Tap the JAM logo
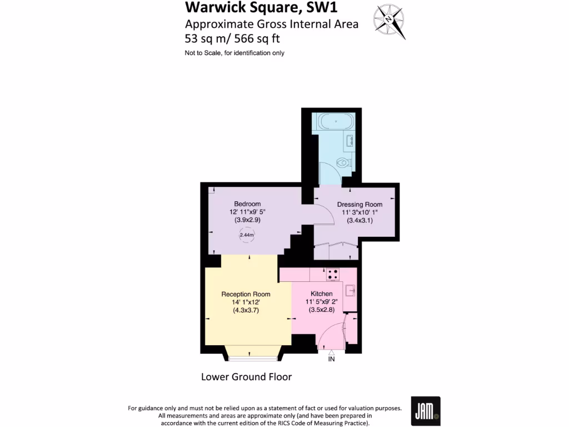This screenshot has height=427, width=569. pyautogui.click(x=425, y=411)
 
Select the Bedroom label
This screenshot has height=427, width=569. pyautogui.click(x=247, y=204)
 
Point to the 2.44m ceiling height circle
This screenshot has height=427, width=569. pyautogui.click(x=247, y=235)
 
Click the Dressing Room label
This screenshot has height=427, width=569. pyautogui.click(x=360, y=205)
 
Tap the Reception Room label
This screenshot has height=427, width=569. pyautogui.click(x=246, y=294)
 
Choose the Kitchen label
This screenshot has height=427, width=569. pyautogui.click(x=321, y=294)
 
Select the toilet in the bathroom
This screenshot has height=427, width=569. pyautogui.click(x=344, y=163)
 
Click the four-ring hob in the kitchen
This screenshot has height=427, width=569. pyautogui.click(x=333, y=274)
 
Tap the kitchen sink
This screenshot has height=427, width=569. pyautogui.click(x=350, y=290)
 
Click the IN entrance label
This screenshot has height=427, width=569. pyautogui.click(x=331, y=359)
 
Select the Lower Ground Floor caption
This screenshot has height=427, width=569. pyautogui.click(x=246, y=377)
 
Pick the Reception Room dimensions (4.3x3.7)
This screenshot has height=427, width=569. pyautogui.click(x=246, y=311)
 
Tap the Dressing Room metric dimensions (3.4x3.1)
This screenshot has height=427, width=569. pyautogui.click(x=360, y=220)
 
